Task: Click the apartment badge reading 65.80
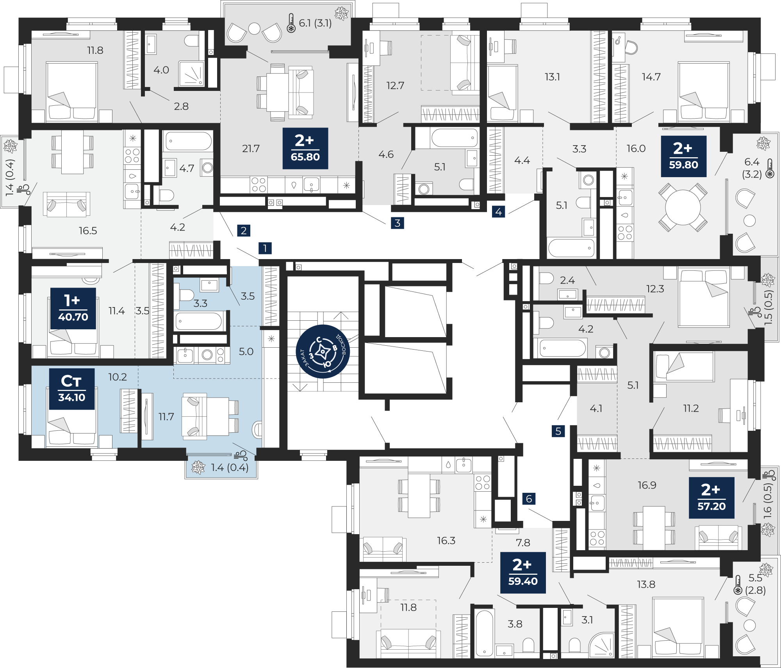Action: (x=305, y=148)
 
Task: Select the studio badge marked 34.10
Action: (x=72, y=389)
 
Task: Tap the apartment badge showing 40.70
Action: (x=73, y=308)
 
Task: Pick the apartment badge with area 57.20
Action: (x=711, y=498)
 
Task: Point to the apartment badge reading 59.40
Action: (x=523, y=573)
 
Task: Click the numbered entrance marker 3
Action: (x=398, y=223)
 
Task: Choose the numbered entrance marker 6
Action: (x=529, y=499)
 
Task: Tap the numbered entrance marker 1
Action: (x=265, y=248)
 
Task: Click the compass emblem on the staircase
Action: (x=323, y=352)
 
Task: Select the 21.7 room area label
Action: (x=251, y=149)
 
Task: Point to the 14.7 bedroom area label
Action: (x=651, y=77)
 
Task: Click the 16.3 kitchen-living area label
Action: (x=446, y=540)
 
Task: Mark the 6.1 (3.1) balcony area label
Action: (x=315, y=23)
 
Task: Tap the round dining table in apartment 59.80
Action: (x=683, y=207)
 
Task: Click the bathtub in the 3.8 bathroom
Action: (x=485, y=633)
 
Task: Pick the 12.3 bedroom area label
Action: (x=655, y=289)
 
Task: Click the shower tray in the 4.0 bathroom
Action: (x=191, y=73)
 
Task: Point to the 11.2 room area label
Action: (x=691, y=409)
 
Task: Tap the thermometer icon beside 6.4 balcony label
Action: (x=770, y=169)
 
